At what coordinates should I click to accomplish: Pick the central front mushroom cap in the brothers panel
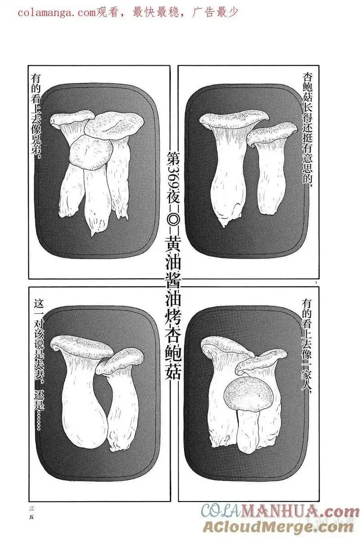92,151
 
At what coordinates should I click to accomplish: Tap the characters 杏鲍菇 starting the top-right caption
308,86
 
